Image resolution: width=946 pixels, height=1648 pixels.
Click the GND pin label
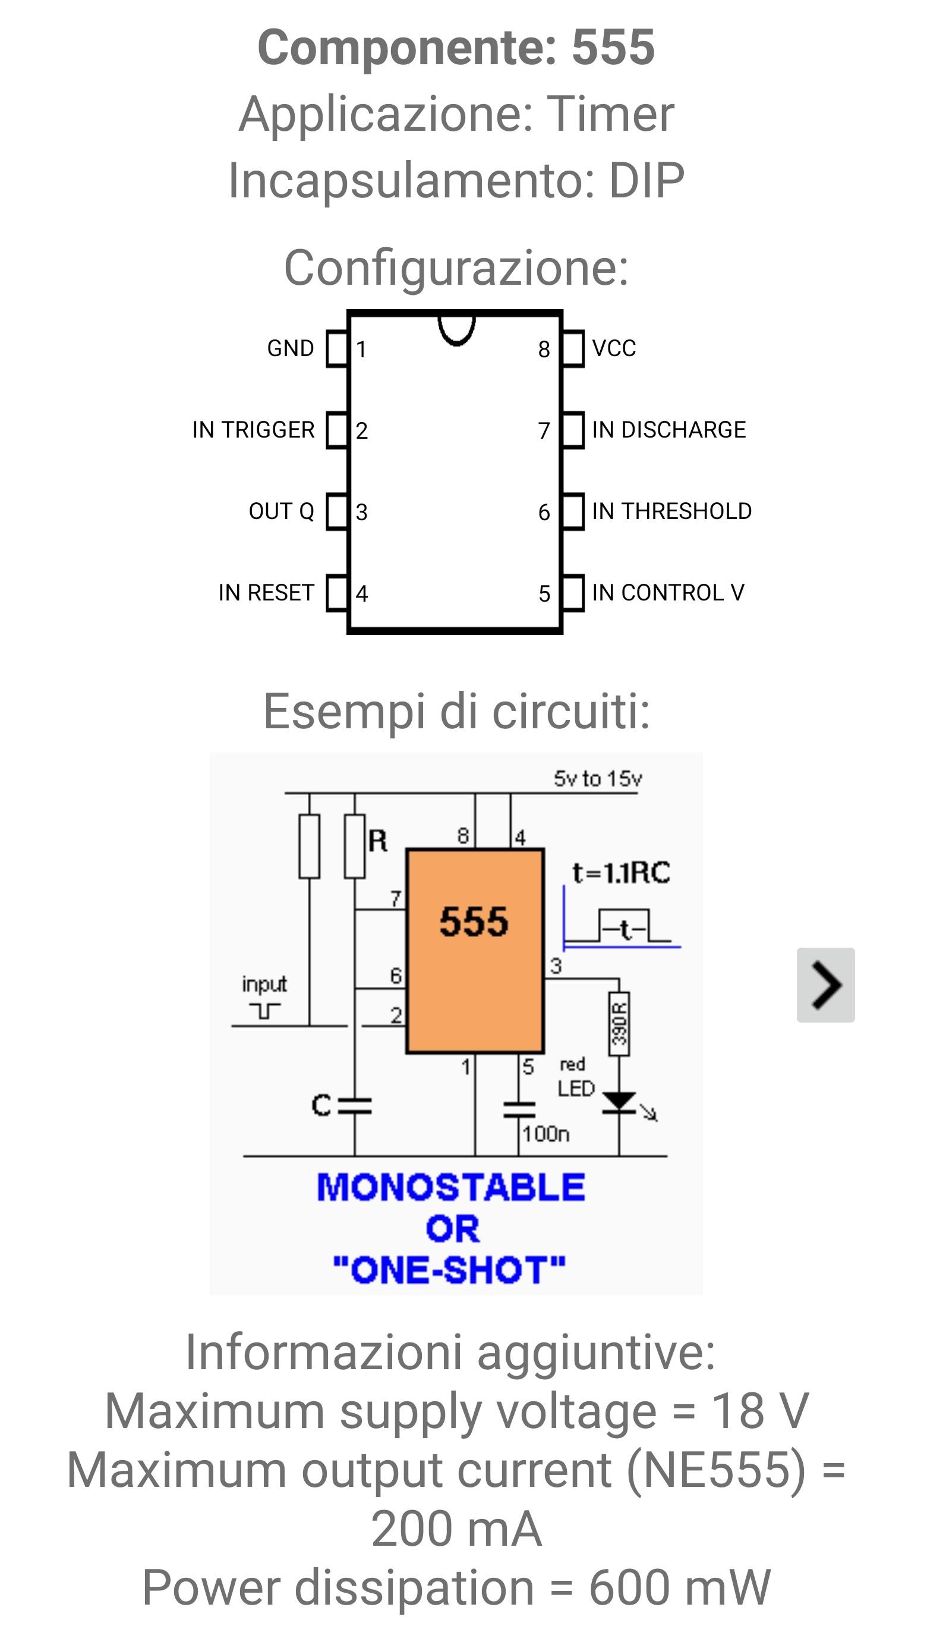point(291,348)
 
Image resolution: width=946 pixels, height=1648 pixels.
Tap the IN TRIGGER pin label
point(253,430)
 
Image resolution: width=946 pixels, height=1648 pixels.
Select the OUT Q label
point(281,511)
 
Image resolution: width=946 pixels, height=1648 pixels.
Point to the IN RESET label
point(266,593)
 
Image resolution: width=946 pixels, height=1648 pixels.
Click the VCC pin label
point(614,348)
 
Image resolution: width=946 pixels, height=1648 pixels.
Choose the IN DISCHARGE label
point(668,430)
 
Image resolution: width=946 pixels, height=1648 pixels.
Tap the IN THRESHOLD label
point(672,511)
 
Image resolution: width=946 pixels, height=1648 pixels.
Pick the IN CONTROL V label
point(668,593)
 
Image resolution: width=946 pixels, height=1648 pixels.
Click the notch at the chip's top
point(457,342)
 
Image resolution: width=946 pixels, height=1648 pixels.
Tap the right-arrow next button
point(826,985)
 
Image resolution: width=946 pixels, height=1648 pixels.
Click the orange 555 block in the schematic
point(475,951)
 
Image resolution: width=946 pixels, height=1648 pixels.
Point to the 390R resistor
point(619,1023)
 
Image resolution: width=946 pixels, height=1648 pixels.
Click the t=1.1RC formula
point(621,873)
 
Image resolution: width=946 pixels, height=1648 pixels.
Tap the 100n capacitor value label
point(545,1134)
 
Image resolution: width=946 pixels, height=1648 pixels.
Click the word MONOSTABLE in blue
point(451,1187)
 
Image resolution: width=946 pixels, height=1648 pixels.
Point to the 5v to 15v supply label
point(598,778)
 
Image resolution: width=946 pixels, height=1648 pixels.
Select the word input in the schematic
point(264,985)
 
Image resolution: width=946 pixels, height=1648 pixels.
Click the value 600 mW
point(680,1588)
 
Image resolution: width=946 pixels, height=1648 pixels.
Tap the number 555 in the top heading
point(613,48)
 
